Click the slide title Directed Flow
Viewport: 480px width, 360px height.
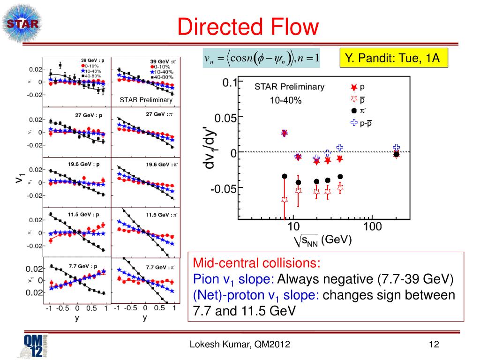248,27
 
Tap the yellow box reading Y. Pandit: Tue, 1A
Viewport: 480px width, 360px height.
392,58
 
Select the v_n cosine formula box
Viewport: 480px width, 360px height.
262,58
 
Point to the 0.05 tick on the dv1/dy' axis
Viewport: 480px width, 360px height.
225,117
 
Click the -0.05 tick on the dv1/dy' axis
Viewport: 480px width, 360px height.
223,188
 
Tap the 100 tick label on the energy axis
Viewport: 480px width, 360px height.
372,227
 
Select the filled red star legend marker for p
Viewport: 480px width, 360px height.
354,87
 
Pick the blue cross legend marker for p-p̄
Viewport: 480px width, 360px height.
354,123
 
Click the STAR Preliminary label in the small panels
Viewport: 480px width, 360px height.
146,100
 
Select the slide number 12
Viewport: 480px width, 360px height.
433,345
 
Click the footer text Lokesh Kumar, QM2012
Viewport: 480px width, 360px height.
240,345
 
